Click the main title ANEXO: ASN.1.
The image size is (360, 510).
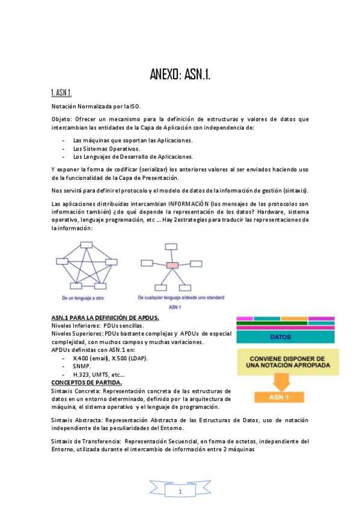click(180, 75)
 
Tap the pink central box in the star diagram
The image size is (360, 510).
click(172, 265)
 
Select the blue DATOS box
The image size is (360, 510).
click(281, 337)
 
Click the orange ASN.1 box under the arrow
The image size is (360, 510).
click(281, 397)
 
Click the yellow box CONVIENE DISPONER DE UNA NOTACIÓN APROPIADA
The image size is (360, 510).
click(281, 360)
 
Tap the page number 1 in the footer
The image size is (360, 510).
click(180, 492)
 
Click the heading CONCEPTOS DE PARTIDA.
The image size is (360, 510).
click(87, 382)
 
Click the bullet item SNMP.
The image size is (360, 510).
click(82, 366)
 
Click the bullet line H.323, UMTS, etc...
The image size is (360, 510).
click(99, 374)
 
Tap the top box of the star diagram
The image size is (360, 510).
click(172, 245)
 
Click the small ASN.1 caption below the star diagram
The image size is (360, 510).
click(175, 307)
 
